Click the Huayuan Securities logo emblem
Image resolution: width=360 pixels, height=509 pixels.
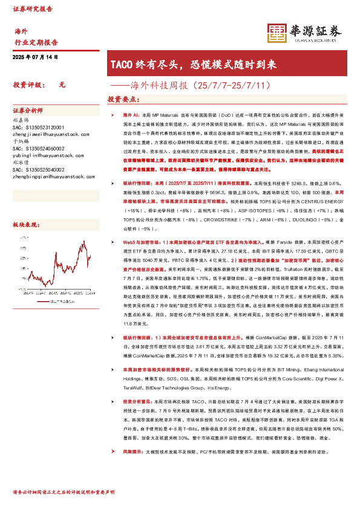[x=277, y=33]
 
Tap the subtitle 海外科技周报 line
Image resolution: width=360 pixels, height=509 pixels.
[x=200, y=85]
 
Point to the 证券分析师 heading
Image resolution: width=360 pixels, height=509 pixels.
[x=28, y=111]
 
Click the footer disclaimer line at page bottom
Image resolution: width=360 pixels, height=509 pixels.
[x=63, y=493]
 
